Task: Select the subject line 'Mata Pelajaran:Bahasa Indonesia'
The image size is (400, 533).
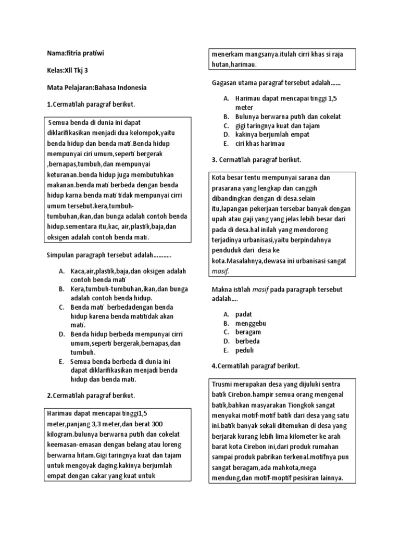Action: click(96, 87)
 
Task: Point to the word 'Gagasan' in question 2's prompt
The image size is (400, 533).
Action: click(224, 83)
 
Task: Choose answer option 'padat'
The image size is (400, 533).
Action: click(244, 314)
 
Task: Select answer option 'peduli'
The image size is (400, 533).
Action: click(245, 350)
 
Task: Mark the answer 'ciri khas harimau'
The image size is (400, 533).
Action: click(260, 143)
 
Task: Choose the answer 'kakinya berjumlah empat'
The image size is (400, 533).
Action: click(272, 134)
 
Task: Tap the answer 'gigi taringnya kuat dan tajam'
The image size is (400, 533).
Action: click(278, 125)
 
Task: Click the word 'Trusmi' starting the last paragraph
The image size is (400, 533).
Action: click(223, 385)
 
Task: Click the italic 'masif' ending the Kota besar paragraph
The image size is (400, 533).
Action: click(220, 271)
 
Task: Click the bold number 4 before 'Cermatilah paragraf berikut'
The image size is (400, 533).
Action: click(214, 366)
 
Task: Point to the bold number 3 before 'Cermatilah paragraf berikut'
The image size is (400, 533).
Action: click(214, 159)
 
